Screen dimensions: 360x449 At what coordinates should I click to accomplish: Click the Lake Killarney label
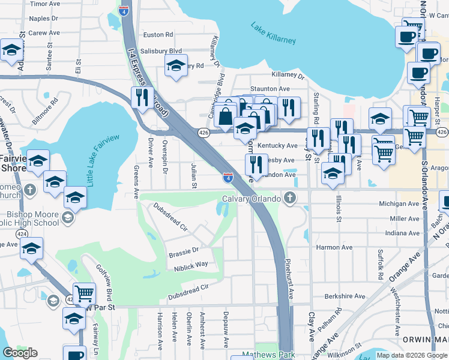(x=273, y=33)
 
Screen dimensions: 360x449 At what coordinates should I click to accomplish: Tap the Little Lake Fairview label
(x=104, y=160)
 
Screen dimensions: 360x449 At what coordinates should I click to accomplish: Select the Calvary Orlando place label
(x=252, y=199)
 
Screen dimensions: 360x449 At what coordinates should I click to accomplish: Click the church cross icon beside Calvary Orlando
(x=290, y=198)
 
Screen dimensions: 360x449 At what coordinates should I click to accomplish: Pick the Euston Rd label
(x=158, y=35)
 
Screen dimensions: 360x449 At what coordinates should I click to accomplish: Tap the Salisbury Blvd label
(x=161, y=51)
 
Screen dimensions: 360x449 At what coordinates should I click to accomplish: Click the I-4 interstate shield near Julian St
(x=228, y=178)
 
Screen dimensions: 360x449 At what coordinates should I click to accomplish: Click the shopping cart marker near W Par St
(x=84, y=293)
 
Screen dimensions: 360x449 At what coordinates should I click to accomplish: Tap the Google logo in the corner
(x=20, y=353)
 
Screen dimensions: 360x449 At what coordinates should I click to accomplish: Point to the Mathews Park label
(x=268, y=355)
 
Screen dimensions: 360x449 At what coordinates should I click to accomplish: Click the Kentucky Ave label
(x=277, y=146)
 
